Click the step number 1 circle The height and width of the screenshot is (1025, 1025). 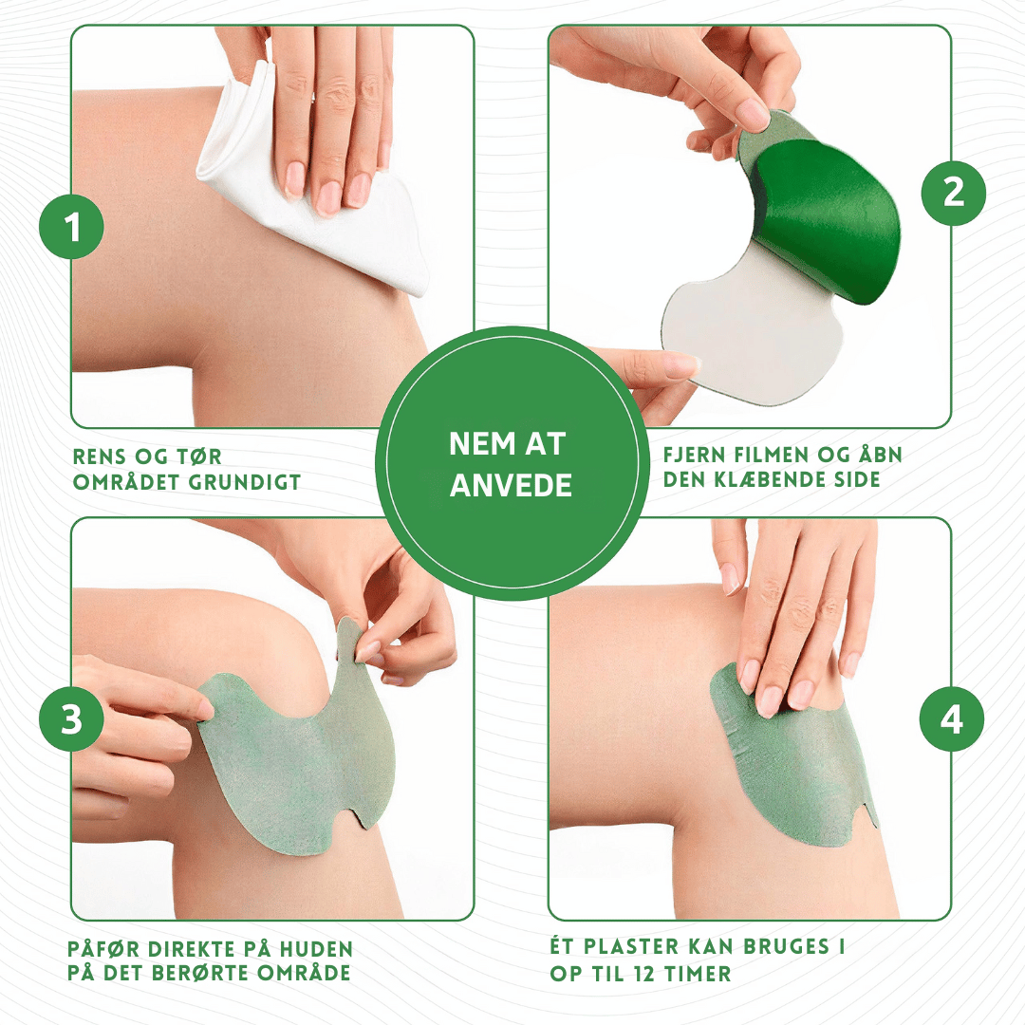click(x=71, y=227)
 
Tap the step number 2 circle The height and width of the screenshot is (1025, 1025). click(x=953, y=193)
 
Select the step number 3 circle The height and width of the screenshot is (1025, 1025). click(x=71, y=718)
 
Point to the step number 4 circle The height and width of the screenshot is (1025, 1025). click(x=952, y=719)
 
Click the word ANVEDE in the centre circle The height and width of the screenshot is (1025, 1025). click(x=511, y=486)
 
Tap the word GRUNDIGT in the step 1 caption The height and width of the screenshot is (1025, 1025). click(x=245, y=482)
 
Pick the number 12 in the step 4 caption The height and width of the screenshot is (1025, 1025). click(x=645, y=974)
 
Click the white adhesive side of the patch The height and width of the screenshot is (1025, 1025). click(x=752, y=326)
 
